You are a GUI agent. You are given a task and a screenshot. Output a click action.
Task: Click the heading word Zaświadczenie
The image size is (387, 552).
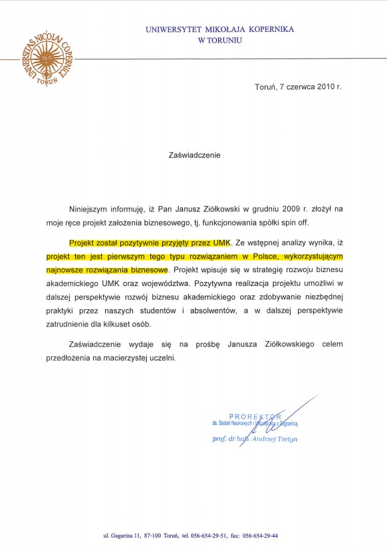pyautogui.click(x=193, y=155)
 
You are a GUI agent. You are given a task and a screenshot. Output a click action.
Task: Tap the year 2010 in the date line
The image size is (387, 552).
pyautogui.click(x=325, y=87)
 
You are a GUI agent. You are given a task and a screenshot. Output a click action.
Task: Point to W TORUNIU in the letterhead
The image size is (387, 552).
pyautogui.click(x=220, y=40)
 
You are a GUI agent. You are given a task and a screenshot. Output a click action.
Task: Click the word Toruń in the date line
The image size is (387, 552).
pyautogui.click(x=266, y=87)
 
